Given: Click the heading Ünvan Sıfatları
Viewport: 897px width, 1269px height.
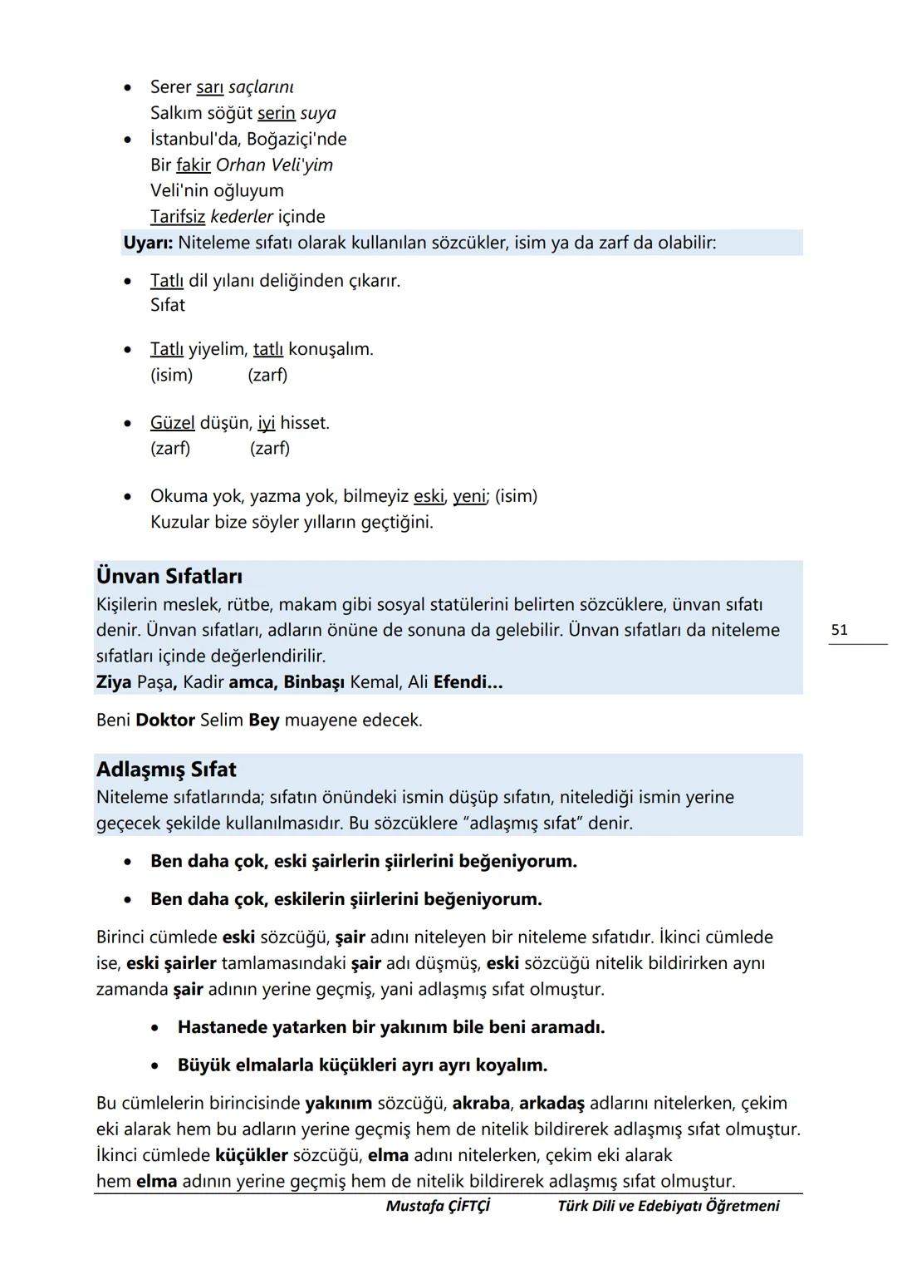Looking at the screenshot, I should point(169,576).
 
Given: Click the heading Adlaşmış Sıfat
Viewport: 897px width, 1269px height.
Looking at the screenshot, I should point(166,769).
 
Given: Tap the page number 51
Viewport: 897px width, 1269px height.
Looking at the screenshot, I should point(840,630).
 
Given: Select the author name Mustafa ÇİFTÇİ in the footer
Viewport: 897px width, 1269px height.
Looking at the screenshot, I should point(438,1206).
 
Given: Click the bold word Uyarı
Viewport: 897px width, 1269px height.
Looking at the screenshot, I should point(148,243).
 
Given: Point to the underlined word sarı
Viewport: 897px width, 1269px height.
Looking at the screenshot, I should point(209,87).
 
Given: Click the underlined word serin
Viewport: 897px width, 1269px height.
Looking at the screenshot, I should point(276,113).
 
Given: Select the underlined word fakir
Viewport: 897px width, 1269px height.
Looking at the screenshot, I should point(193,165).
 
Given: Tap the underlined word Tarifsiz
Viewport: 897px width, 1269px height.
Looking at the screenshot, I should point(177,217).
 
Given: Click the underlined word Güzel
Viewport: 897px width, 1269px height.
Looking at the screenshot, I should point(172,423).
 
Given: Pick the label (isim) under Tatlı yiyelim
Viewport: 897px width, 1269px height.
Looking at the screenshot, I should point(171,375).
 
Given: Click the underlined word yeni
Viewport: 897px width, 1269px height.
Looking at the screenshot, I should point(469,496).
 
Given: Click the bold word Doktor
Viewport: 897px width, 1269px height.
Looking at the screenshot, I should point(165,720).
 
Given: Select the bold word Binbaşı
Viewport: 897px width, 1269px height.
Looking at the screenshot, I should point(314,682).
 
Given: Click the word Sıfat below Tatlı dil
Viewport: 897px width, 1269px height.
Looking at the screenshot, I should point(167,305).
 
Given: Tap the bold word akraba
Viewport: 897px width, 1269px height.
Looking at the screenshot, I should point(481,1103).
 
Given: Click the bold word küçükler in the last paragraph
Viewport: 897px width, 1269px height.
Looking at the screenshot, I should point(251,1155).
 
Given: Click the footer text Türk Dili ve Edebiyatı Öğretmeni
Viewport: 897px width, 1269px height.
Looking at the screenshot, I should point(668,1206).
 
